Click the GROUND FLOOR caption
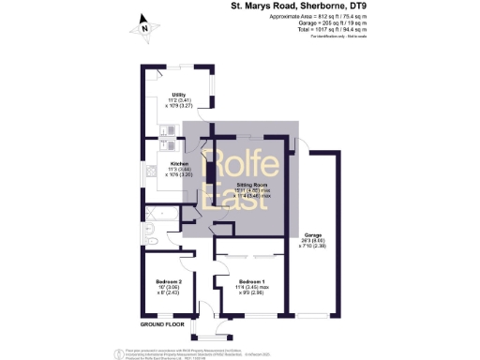tap(160, 323)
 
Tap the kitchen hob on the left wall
tap(149, 172)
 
